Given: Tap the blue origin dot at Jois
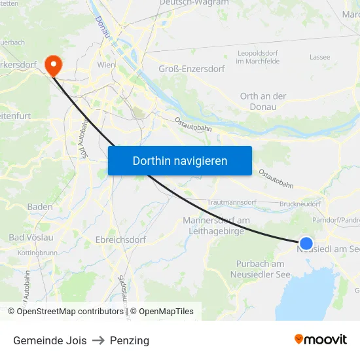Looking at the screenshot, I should click(x=306, y=243).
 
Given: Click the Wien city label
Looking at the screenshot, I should click(x=106, y=66).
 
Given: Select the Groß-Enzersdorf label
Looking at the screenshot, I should click(x=192, y=69).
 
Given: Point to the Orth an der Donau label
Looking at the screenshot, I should click(x=263, y=101).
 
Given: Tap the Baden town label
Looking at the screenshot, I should click(x=40, y=207).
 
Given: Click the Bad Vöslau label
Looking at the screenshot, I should click(x=31, y=237).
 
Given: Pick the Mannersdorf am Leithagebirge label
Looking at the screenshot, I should click(x=216, y=226).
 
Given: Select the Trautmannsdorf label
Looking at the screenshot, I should click(x=231, y=203).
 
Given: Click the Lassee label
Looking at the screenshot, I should click(x=319, y=57).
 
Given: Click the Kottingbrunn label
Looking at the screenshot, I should click(x=37, y=252).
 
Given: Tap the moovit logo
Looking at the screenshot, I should click(x=321, y=340).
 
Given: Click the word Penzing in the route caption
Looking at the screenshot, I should click(x=130, y=340).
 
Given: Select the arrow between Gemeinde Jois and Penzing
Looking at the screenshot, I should click(x=98, y=340).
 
